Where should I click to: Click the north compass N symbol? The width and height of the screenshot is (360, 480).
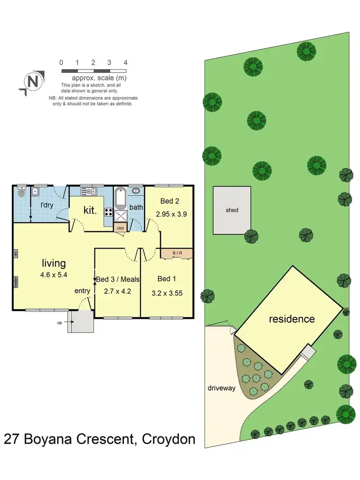33,82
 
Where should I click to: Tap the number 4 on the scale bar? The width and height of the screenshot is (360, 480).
125,62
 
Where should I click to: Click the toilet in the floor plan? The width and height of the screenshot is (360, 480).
20,193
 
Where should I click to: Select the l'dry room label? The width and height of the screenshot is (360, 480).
47,205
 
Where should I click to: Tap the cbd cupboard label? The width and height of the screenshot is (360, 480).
120,228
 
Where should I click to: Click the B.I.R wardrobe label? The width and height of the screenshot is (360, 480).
177,253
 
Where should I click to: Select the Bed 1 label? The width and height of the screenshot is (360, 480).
164,279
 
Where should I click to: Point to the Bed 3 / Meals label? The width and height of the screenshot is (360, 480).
118,279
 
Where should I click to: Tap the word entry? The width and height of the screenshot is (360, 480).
83,290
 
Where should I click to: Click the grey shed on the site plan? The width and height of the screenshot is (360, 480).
232,210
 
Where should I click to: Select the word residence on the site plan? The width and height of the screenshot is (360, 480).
291,319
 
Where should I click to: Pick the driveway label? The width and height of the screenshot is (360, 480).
222,388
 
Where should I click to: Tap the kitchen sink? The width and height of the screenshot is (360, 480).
89,192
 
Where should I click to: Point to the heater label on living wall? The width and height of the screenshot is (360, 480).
16,281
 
